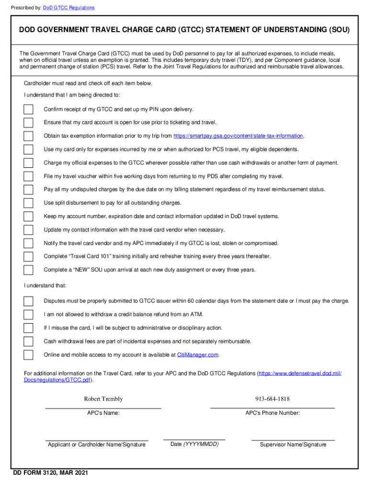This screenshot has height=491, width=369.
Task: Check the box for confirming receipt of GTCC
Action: coord(29,109)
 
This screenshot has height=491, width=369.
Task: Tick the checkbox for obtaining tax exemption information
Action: coord(29,136)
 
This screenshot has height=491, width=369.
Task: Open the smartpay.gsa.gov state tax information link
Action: coord(238,136)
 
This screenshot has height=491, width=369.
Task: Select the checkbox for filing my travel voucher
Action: coord(29,176)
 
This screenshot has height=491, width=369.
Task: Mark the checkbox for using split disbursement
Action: coord(29,203)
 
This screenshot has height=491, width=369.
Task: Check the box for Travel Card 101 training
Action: coord(29,257)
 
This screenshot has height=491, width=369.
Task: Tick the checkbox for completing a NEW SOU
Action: coord(29,269)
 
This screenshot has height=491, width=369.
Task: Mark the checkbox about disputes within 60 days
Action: coord(29,301)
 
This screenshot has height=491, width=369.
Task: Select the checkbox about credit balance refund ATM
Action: coord(29,315)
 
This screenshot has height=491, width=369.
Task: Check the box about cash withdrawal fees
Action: coord(29,341)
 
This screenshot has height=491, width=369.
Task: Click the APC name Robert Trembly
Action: coord(103,399)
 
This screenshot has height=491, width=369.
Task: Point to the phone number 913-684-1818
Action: coord(273,399)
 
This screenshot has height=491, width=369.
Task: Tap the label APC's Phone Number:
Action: coord(273,413)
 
